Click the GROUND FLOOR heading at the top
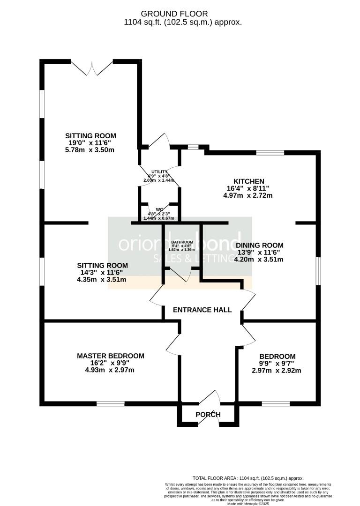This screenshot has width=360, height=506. click(180, 14)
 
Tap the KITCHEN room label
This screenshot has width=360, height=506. click(248, 181)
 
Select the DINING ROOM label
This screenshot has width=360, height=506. click(259, 246)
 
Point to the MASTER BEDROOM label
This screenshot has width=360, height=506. click(111, 356)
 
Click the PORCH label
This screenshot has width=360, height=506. click(208, 415)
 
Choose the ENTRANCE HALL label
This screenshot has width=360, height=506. click(202, 310)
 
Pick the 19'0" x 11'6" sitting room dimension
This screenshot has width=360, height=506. click(90, 143)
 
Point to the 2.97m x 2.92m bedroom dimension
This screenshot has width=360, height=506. click(277, 370)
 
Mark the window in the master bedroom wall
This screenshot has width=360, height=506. click(111, 403)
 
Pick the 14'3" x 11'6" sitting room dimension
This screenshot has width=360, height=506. click(97, 273)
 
